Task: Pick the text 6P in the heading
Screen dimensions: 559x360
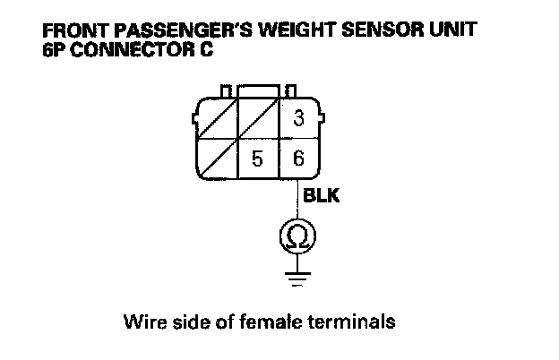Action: tap(53, 48)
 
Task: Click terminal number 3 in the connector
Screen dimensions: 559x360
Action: tap(298, 118)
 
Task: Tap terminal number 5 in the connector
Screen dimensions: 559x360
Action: tap(257, 160)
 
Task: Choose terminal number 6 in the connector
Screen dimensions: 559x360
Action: tap(298, 160)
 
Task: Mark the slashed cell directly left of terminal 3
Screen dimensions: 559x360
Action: tap(258, 118)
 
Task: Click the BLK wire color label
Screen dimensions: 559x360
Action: tap(321, 194)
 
